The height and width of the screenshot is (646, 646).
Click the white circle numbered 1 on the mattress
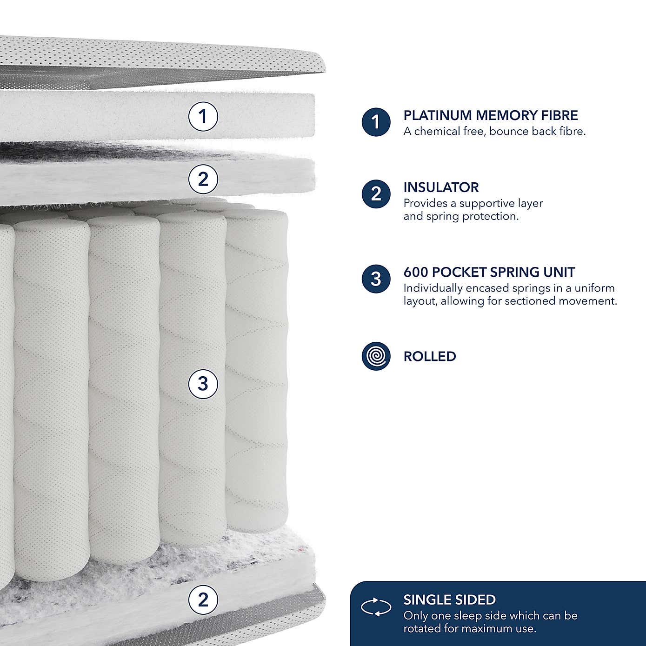pos(203,116)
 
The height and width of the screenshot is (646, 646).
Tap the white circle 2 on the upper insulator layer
pos(203,179)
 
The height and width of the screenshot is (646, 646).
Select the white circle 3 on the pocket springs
pos(203,384)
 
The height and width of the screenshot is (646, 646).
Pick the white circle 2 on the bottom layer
pos(203,599)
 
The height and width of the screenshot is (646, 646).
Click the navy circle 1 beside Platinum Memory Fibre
pos(376,122)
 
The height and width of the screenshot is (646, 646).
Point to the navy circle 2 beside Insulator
pos(376,194)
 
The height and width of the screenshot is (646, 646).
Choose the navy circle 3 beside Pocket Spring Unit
pos(376,279)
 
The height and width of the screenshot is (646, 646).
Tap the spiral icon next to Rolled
pos(376,356)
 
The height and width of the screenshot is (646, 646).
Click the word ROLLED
pos(430,357)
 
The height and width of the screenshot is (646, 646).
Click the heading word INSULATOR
pos(441,187)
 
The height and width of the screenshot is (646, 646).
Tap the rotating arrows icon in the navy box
pos(376,607)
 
